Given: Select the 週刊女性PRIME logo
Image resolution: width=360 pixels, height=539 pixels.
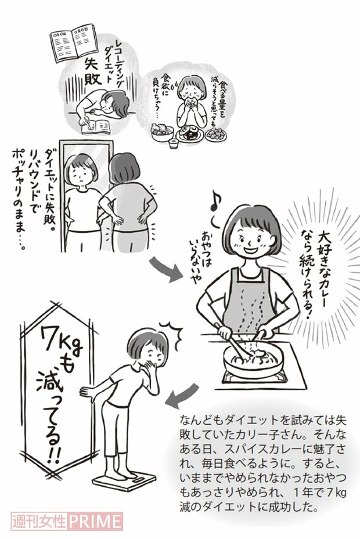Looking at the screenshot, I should click(x=67, y=520).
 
